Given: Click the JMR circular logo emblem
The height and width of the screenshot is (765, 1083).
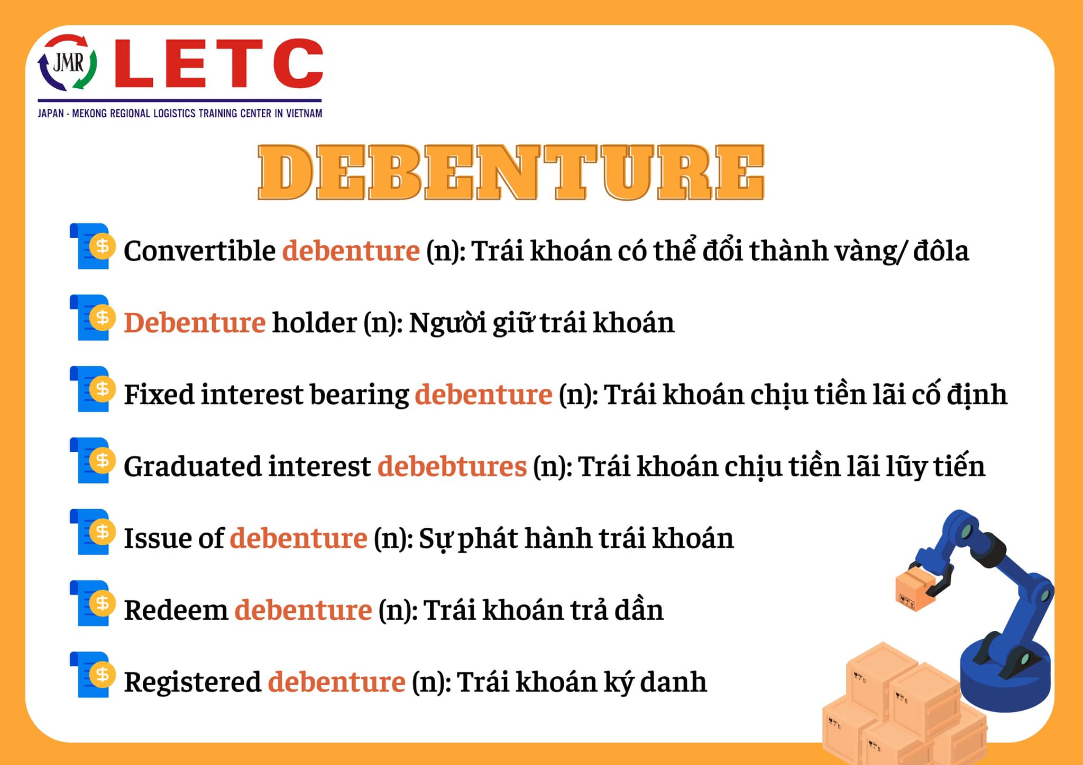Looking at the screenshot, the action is tap(67, 62).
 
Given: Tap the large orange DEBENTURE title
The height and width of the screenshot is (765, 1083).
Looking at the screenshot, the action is tap(511, 172).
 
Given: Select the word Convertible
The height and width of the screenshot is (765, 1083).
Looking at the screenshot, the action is tap(199, 250).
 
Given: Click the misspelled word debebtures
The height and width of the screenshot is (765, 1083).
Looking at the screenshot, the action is tap(452, 466).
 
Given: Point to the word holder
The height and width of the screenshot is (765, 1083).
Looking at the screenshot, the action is tap(315, 322).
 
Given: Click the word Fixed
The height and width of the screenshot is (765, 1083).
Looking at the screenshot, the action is tap(159, 394).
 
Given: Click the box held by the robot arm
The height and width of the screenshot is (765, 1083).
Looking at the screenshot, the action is tap(915, 588).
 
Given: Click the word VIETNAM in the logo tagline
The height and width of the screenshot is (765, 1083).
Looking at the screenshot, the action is tap(304, 113).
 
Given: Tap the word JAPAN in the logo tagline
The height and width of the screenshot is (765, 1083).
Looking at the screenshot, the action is tap(51, 113).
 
